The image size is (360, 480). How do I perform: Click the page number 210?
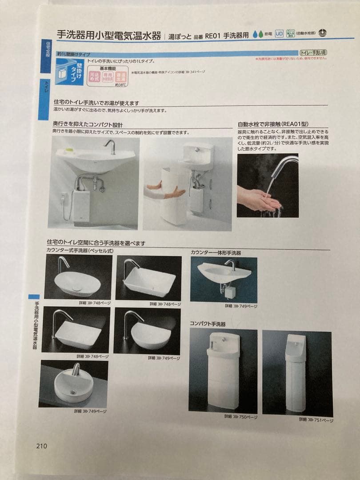41,446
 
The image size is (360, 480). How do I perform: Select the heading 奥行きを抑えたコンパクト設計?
88,125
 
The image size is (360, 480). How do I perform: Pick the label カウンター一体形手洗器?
216,252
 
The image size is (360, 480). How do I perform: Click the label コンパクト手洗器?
208,324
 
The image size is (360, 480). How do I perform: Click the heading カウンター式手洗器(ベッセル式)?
80,251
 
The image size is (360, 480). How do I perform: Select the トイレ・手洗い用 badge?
314,52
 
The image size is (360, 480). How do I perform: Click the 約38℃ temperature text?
121,84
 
